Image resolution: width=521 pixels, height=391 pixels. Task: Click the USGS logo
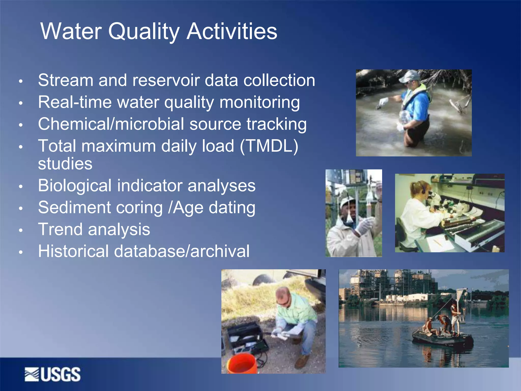click(53, 374)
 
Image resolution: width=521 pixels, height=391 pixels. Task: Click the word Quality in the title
click(144, 32)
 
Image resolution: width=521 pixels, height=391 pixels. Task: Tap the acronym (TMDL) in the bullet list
click(269, 146)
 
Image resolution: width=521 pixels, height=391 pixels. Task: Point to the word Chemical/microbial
click(111, 124)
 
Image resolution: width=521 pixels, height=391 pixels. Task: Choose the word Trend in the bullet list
click(60, 229)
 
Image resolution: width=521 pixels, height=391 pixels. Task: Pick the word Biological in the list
click(75, 186)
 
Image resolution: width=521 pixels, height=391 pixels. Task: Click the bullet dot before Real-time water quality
click(21, 103)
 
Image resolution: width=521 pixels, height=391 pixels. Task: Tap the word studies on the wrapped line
click(65, 164)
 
